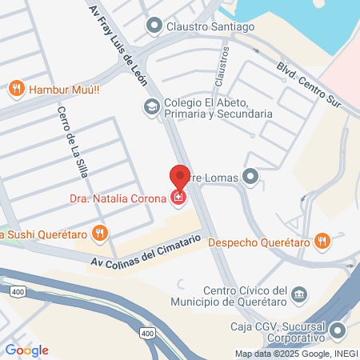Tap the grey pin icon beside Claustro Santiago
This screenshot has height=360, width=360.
tap(154, 26)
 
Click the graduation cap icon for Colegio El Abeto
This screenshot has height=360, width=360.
tap(150, 106)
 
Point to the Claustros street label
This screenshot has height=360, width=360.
tap(224, 64)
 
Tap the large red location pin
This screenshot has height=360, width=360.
tap(180, 178)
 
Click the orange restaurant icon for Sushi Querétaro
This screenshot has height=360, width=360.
tap(99, 234)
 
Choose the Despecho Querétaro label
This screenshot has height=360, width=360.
tap(259, 240)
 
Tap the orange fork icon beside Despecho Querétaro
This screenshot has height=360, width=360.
tap(322, 240)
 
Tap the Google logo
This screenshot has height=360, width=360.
tap(26, 350)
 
